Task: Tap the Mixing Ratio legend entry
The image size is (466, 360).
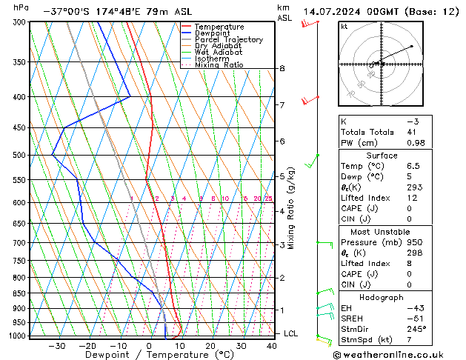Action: [222, 64]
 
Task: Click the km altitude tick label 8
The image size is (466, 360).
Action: [282, 69]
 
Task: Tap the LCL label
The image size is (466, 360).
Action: [292, 334]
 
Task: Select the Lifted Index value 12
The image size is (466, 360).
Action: [413, 199]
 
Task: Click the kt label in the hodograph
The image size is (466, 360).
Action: [344, 26]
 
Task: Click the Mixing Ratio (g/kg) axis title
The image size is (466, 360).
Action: [291, 207]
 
